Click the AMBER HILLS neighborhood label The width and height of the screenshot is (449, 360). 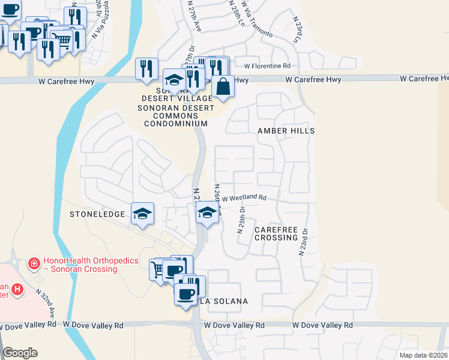click(x=286, y=130)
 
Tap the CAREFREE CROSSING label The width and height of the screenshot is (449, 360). click(x=276, y=233)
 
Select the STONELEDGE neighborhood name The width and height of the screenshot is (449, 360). click(x=97, y=214)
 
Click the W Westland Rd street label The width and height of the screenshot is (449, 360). click(x=244, y=197)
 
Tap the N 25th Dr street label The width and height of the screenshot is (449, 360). click(x=241, y=220)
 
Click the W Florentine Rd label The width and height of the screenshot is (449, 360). click(x=267, y=65)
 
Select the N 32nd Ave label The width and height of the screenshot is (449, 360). click(x=46, y=304)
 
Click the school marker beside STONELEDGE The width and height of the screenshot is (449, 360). click(x=142, y=214)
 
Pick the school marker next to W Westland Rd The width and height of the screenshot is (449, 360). click(x=207, y=212)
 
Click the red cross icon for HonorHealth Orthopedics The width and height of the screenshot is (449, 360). click(x=34, y=263)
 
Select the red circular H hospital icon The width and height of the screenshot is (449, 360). click(x=18, y=289)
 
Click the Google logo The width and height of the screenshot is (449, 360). click(x=20, y=353)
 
